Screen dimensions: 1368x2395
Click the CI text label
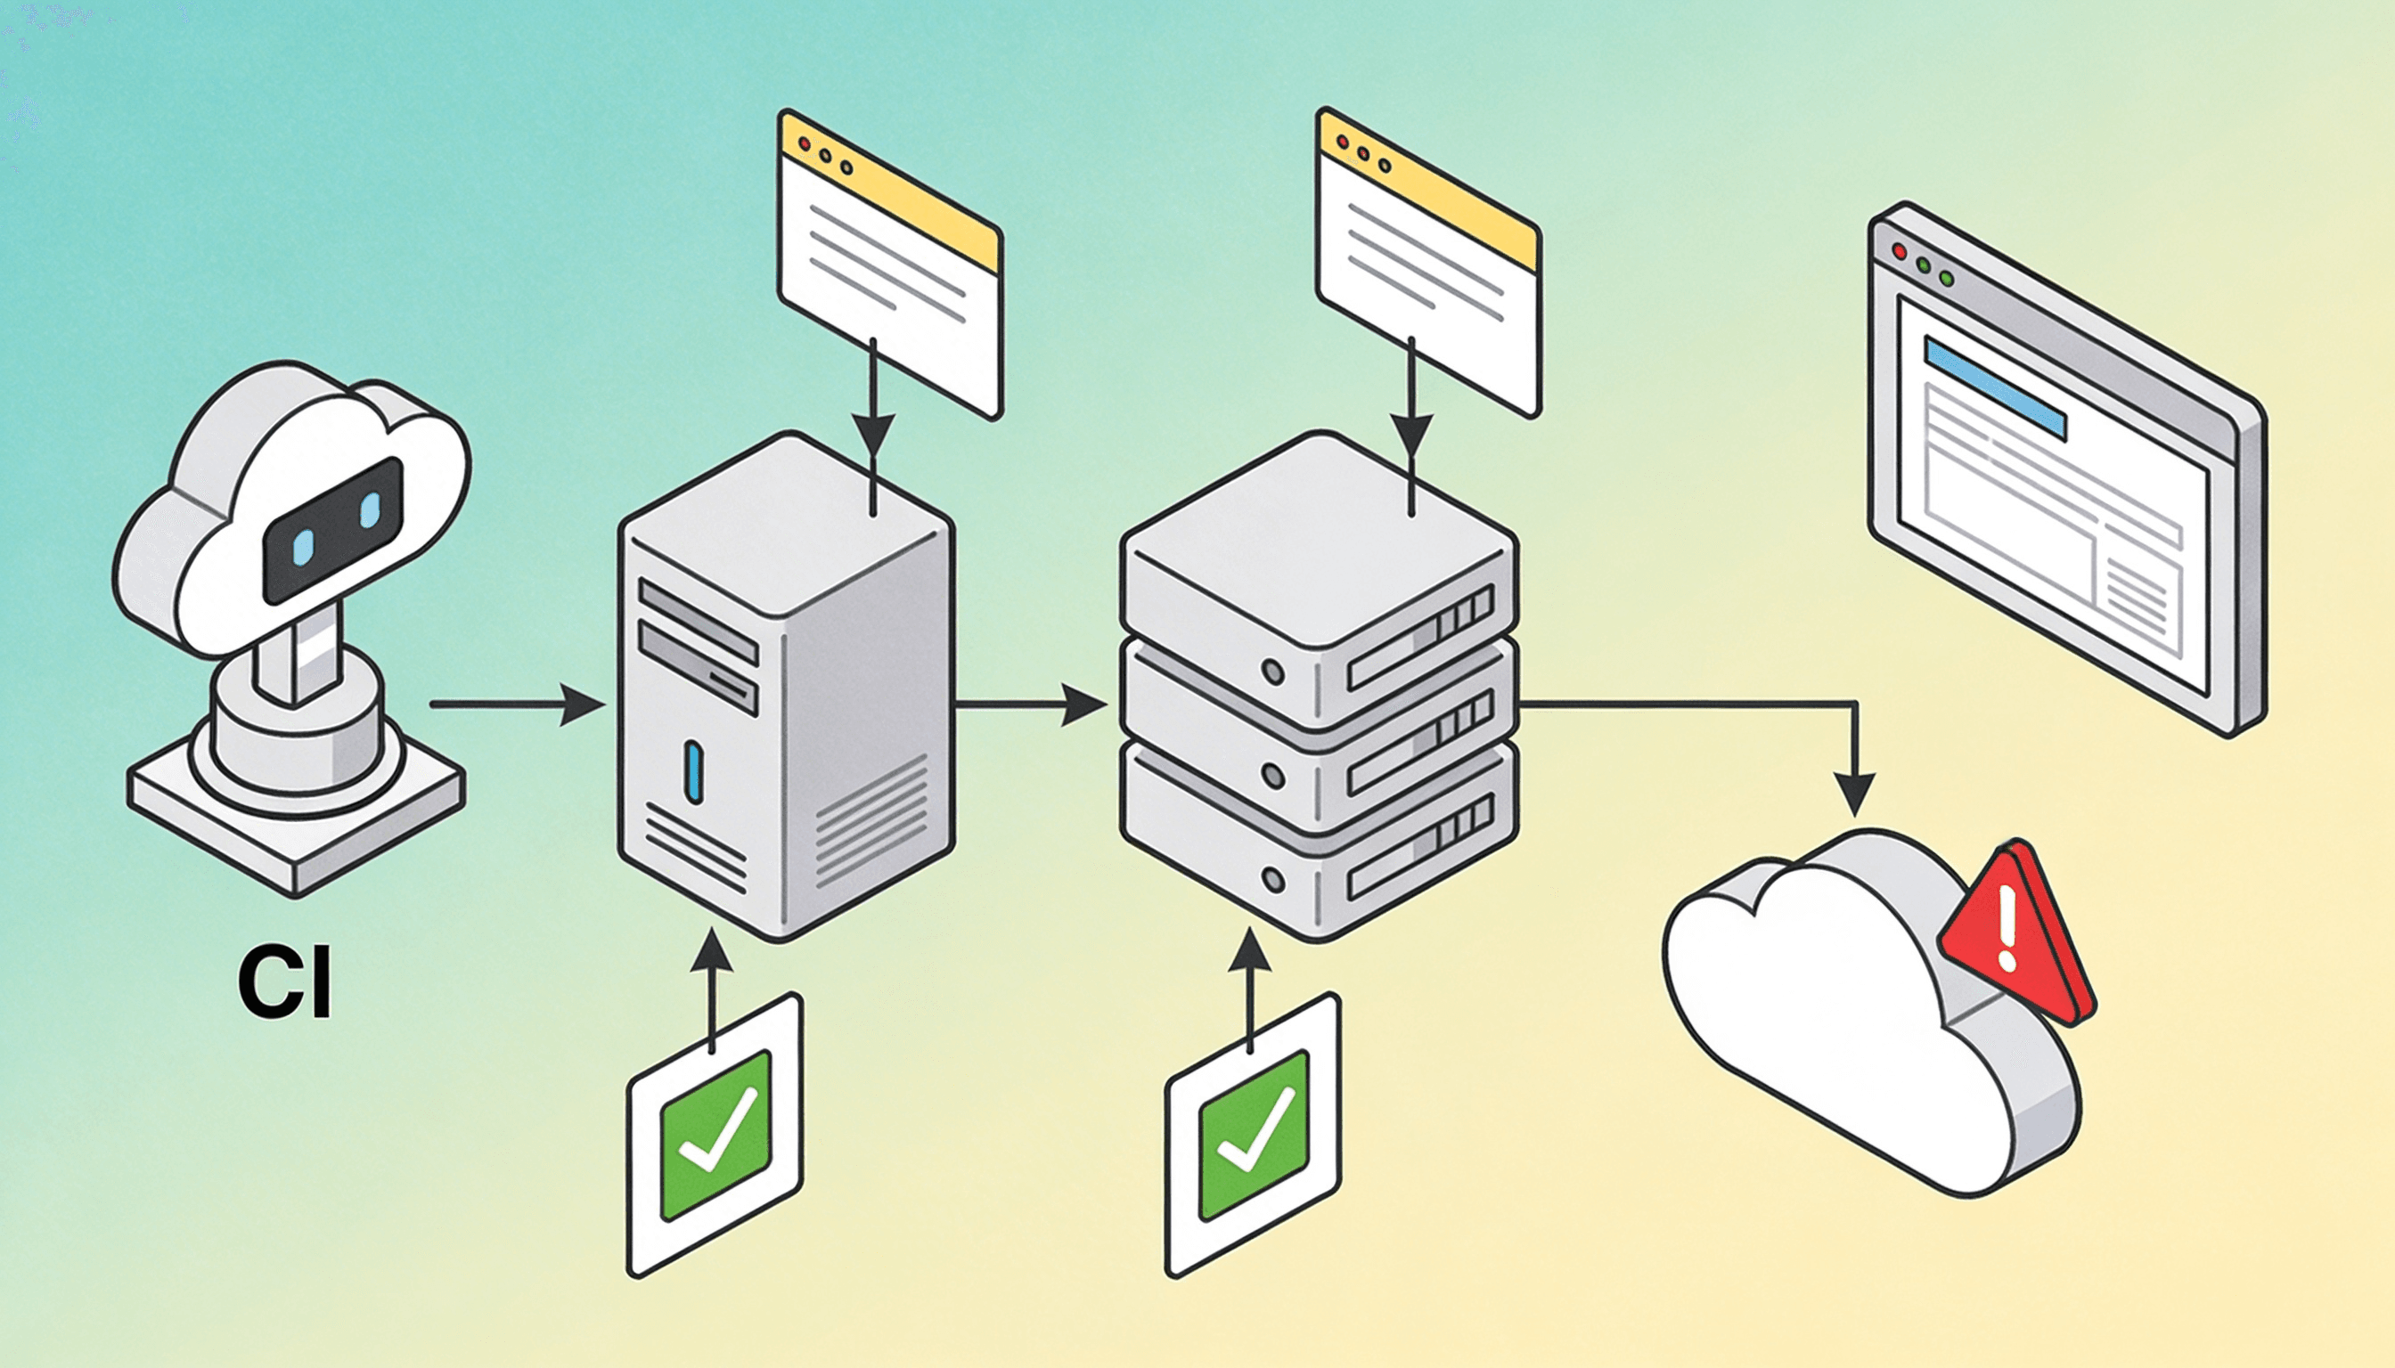(285, 984)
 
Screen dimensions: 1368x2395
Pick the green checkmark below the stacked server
(1254, 1135)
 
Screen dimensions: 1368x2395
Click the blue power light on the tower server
(695, 771)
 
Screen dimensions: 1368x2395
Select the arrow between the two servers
(1029, 704)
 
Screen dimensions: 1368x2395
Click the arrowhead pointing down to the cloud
(1854, 794)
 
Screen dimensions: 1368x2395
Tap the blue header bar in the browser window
(1995, 388)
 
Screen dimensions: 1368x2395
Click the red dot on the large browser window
(1899, 252)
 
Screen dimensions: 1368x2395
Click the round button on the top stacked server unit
(1273, 672)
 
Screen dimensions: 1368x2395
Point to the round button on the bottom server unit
(1273, 880)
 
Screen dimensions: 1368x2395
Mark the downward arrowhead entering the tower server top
(874, 434)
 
